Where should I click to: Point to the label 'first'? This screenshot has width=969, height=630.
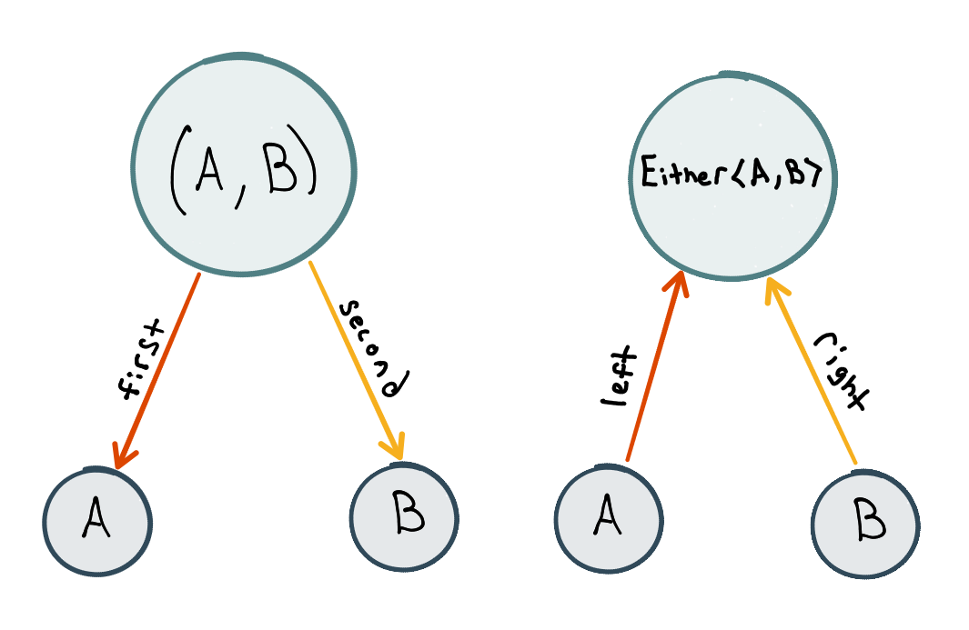141,359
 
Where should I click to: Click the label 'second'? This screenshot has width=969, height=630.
374,348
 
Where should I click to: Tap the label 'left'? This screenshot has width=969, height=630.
619,376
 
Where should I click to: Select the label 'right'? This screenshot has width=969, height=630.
842,371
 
